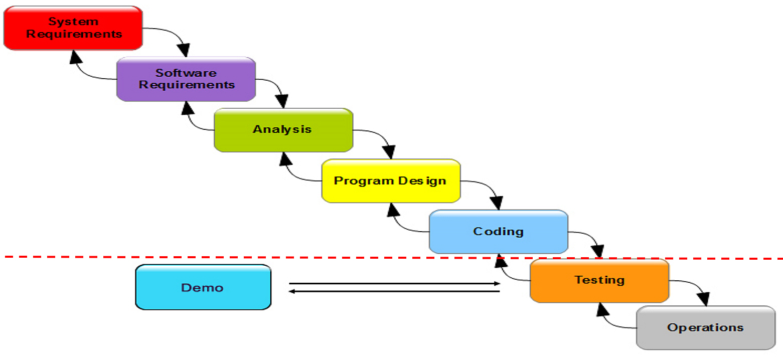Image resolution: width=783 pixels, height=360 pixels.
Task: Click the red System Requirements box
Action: [73, 28]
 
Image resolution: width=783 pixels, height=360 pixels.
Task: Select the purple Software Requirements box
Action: [186, 79]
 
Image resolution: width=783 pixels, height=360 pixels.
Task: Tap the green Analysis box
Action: [283, 130]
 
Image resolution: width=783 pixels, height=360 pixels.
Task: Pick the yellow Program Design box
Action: [391, 181]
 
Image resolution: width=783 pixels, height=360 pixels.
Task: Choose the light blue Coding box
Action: [499, 232]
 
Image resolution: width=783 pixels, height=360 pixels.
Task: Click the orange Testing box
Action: [599, 280]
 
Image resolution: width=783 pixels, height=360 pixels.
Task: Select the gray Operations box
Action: [705, 328]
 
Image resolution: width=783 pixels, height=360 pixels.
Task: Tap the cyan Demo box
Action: [203, 287]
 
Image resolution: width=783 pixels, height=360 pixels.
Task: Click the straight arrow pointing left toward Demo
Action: [394, 291]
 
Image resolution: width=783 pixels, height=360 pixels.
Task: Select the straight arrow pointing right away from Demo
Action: [394, 284]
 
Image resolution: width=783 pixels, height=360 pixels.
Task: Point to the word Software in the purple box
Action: [186, 73]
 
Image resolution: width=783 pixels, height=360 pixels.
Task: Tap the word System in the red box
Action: [73, 22]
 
